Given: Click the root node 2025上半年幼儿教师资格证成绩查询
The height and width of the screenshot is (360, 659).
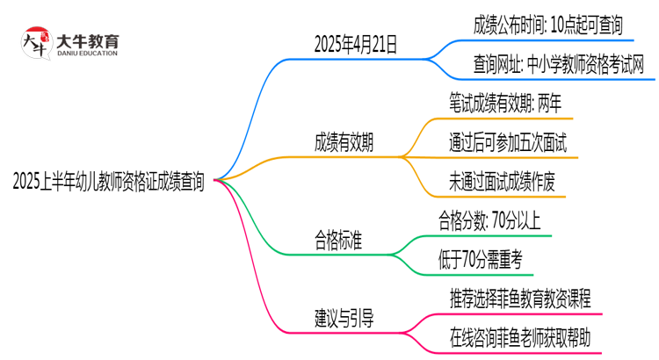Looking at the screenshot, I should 109,182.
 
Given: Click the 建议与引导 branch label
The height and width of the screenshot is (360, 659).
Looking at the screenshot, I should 344,319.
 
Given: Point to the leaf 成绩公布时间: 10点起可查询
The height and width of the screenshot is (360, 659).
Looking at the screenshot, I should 540,24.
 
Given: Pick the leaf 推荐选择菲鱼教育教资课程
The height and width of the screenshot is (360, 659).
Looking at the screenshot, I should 519,297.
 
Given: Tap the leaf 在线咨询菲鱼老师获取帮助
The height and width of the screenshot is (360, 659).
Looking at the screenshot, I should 519,336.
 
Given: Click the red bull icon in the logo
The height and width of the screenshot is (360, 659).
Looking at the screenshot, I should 34,42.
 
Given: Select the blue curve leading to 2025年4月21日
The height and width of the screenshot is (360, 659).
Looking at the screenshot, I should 255,97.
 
